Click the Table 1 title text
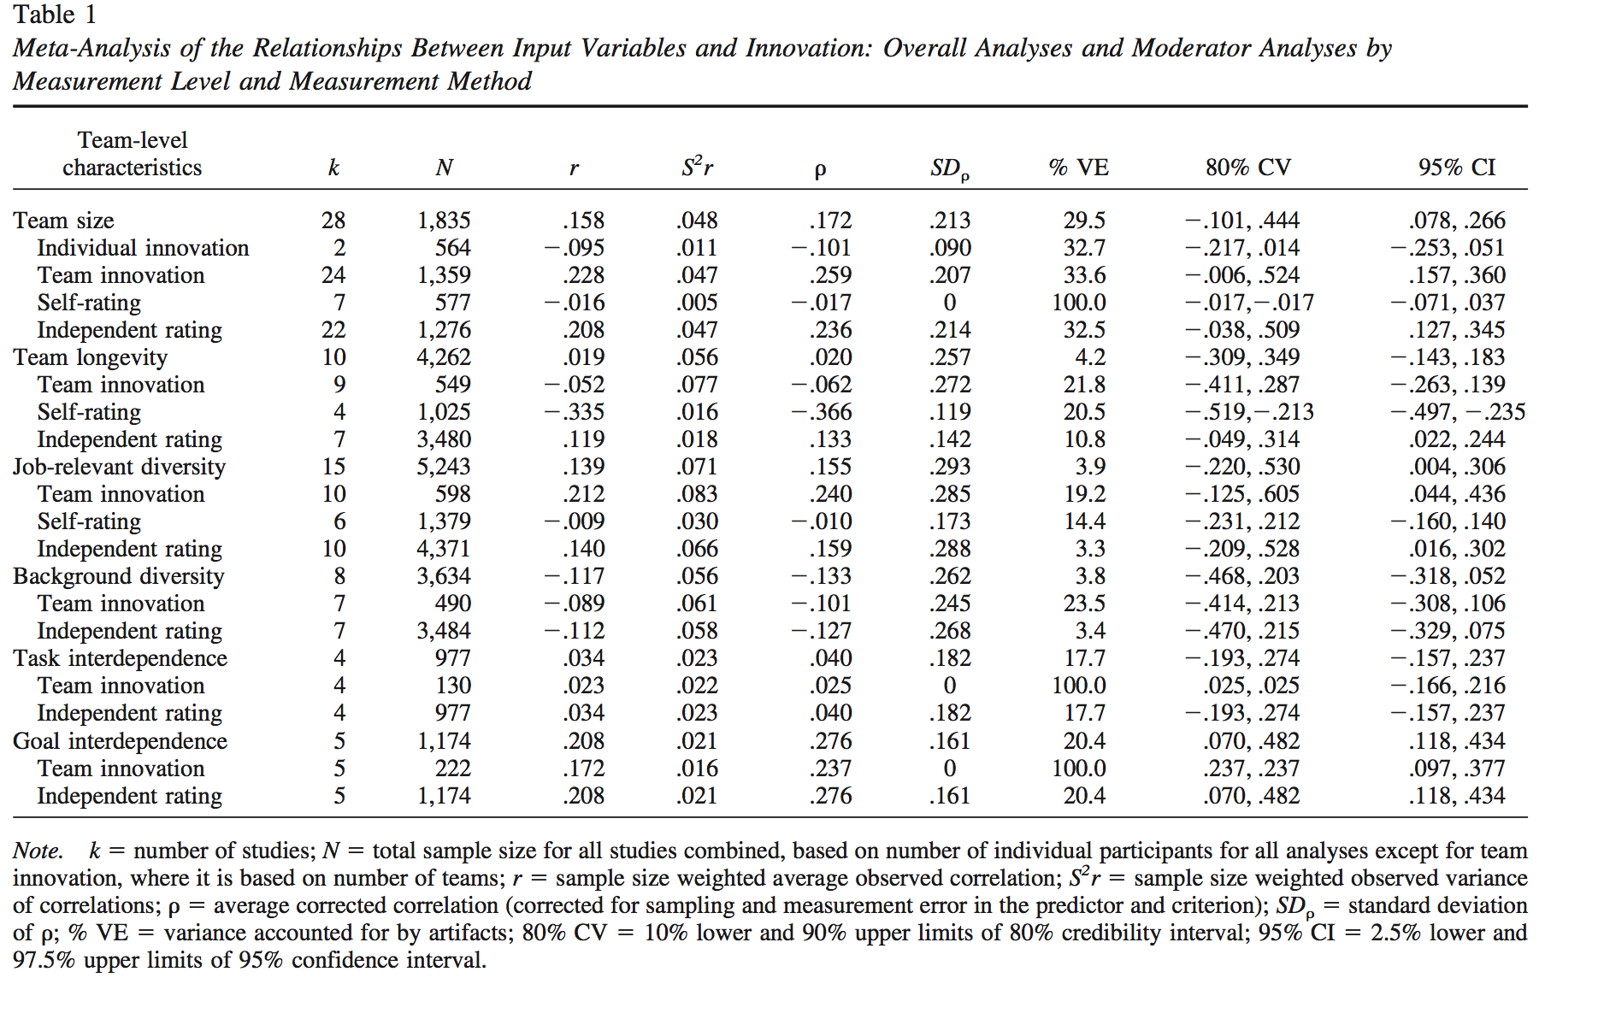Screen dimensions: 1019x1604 tap(55, 15)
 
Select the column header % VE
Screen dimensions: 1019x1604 tap(1078, 168)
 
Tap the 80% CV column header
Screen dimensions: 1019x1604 tap(1248, 168)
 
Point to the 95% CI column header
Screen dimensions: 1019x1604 tap(1457, 168)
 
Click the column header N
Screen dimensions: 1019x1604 tap(444, 168)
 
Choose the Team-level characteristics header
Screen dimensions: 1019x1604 tap(132, 154)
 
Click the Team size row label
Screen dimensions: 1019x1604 tap(63, 221)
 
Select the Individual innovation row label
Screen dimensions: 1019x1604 tap(143, 248)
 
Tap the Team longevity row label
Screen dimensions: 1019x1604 tap(90, 357)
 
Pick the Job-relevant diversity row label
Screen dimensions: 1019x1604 tap(119, 467)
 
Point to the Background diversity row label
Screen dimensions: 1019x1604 tap(118, 576)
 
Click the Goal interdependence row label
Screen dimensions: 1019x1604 tap(120, 741)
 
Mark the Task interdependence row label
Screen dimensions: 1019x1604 tap(120, 658)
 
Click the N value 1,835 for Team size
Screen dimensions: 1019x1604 tap(444, 221)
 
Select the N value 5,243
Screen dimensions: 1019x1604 tap(444, 467)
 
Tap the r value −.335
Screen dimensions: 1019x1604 tap(575, 412)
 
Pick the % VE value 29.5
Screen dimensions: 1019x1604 tap(1084, 221)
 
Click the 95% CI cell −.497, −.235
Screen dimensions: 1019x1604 tap(1457, 412)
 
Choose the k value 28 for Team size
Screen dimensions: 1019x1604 tap(333, 221)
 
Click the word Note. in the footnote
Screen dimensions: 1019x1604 tap(38, 851)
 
